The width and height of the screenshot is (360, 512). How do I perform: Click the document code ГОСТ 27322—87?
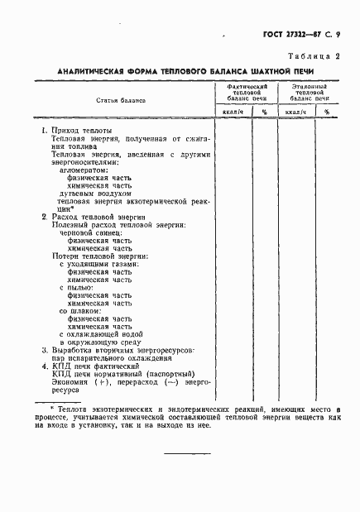(x=289, y=36)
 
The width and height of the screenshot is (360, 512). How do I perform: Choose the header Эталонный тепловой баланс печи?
(x=306, y=91)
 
